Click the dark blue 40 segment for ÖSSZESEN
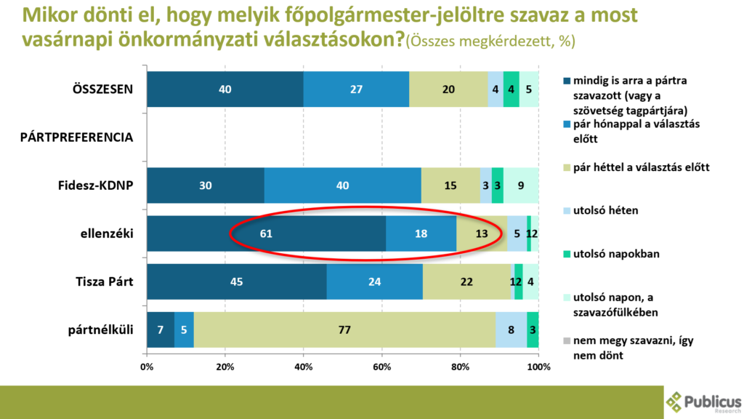[225, 89]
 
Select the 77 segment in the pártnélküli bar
[344, 330]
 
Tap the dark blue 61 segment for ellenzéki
[266, 234]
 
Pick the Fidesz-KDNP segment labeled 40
[343, 185]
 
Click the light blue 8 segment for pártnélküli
[511, 330]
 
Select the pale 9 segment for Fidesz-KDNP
[521, 185]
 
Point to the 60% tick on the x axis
[382, 365]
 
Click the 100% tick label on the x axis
[538, 365]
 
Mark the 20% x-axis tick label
[225, 365]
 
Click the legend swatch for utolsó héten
[566, 209]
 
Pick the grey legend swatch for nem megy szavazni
[566, 341]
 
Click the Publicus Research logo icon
[674, 402]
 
